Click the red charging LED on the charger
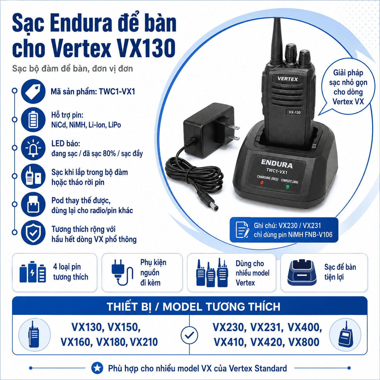[262, 182]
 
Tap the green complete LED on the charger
[288, 187]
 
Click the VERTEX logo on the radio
[288, 79]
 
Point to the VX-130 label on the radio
[295, 112]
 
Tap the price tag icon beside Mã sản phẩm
[33, 91]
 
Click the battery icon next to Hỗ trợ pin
[33, 119]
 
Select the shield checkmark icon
[33, 232]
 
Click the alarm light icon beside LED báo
[33, 148]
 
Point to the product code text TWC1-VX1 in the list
[117, 92]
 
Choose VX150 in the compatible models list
[124, 327]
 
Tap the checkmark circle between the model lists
[189, 335]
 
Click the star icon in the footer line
[97, 368]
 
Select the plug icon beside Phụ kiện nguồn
[122, 272]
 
